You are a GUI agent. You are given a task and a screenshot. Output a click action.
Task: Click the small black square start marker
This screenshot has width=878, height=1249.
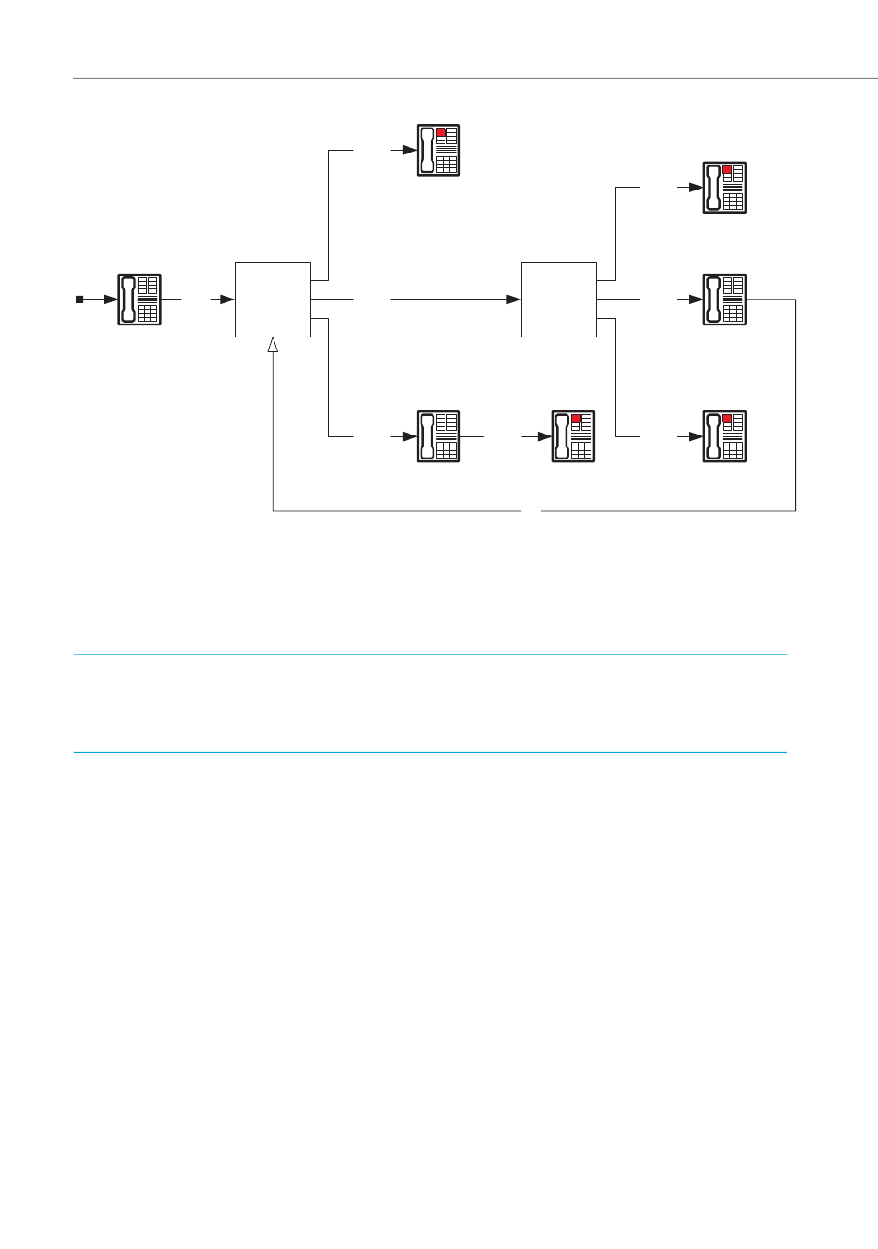(79, 300)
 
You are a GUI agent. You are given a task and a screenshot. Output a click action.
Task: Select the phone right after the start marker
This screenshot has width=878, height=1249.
(140, 300)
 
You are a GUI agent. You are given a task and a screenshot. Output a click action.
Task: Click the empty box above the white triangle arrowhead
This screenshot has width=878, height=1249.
(273, 300)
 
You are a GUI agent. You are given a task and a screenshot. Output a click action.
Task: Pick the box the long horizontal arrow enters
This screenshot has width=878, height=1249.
(559, 300)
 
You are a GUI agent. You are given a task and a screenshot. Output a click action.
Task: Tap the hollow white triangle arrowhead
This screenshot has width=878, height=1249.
(273, 345)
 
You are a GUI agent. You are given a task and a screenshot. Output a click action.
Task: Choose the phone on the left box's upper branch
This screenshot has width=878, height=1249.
(439, 150)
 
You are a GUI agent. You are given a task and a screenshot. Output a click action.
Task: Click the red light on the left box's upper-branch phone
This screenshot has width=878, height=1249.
(442, 133)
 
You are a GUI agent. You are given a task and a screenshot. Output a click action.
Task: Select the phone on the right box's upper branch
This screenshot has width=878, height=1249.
(725, 188)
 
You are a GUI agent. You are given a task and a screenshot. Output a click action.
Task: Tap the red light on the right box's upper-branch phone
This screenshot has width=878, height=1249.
(727, 171)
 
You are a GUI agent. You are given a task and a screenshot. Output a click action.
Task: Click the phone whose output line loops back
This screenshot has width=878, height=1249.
(725, 300)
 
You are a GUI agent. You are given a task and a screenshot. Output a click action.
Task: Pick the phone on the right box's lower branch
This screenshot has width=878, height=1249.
(725, 436)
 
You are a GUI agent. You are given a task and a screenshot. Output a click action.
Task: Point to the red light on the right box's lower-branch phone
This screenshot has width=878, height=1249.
(727, 420)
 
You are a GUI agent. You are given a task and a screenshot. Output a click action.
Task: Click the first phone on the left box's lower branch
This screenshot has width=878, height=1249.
(439, 436)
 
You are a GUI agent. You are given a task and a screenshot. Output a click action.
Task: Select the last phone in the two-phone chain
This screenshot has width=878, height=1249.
(574, 436)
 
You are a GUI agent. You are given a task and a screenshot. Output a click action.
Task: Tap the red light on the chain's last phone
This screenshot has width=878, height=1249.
(577, 420)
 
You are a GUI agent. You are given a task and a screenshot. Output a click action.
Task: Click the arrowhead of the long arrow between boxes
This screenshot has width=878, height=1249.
(514, 300)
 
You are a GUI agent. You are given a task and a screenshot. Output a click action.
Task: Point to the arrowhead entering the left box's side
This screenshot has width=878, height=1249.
(227, 300)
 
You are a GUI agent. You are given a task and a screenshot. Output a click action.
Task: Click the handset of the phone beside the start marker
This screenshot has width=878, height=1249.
(128, 300)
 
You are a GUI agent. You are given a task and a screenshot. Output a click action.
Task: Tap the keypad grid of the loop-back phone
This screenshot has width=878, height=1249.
(734, 313)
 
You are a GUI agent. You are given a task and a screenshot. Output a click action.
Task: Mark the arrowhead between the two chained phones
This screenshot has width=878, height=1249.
(545, 436)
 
